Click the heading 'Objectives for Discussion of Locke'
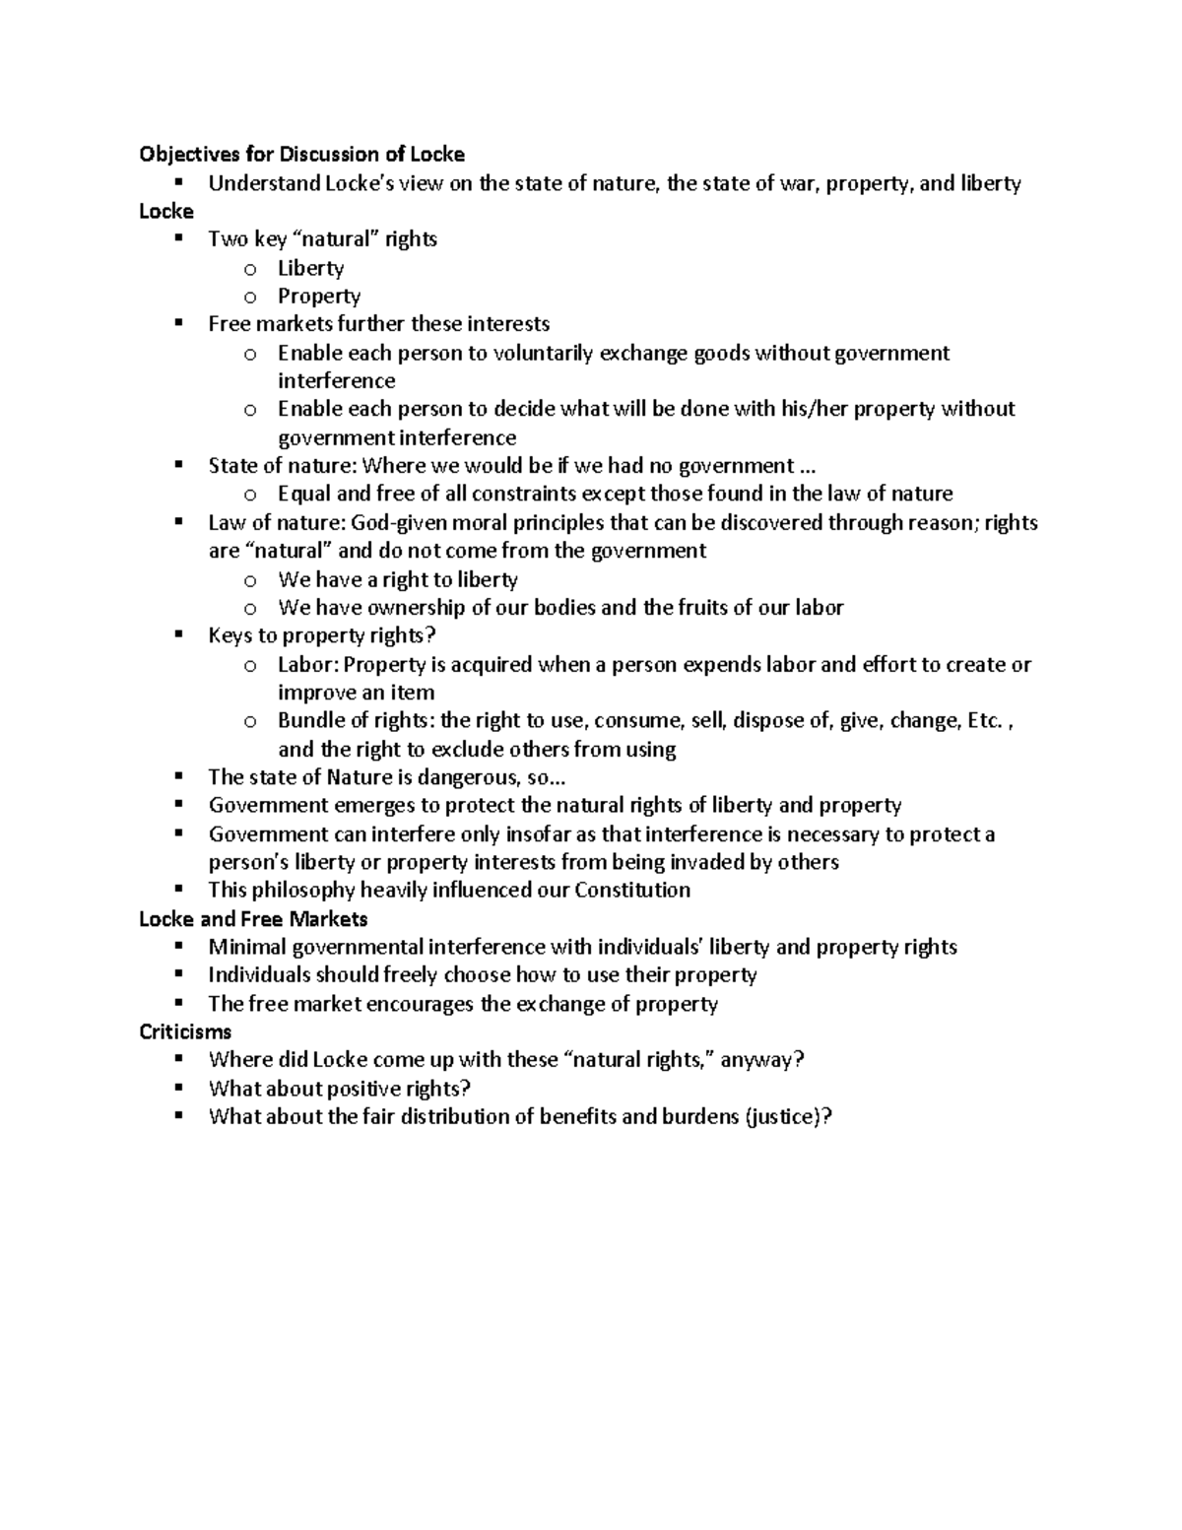(301, 154)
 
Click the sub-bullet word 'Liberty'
(310, 268)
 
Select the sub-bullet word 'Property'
(319, 296)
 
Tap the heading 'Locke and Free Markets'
(253, 919)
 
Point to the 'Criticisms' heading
(185, 1031)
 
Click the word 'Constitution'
(631, 891)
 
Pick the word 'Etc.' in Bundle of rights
(985, 720)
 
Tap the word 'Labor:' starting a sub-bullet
(307, 664)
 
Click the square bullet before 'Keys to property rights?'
(178, 635)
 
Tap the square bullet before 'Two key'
(178, 238)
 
